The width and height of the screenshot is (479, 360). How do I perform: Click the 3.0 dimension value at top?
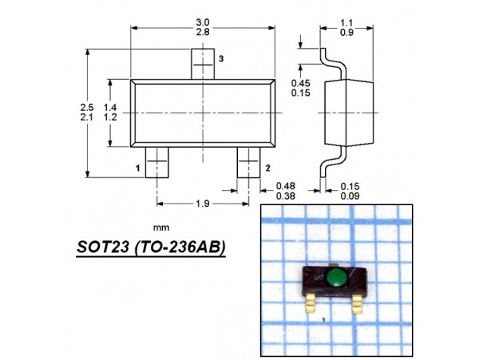point(203,22)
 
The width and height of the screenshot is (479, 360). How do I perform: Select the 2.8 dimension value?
point(203,32)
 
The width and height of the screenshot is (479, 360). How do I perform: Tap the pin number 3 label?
point(221,58)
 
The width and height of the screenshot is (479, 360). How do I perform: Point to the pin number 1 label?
point(138,168)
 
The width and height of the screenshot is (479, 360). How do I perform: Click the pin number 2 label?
point(268,168)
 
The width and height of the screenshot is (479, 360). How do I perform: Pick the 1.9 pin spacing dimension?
point(203,204)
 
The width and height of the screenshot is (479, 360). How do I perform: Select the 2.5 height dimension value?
point(87,108)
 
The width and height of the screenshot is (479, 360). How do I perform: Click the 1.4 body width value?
point(110,108)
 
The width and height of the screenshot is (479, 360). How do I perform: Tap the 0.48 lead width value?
point(286,186)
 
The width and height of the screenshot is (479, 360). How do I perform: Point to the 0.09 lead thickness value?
point(350,196)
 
